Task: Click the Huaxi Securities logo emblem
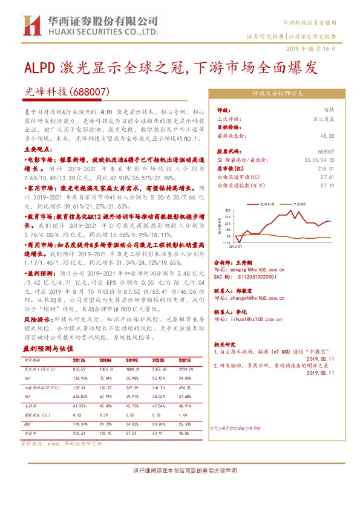pyautogui.click(x=31, y=26)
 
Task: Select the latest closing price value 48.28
pyautogui.click(x=327, y=137)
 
